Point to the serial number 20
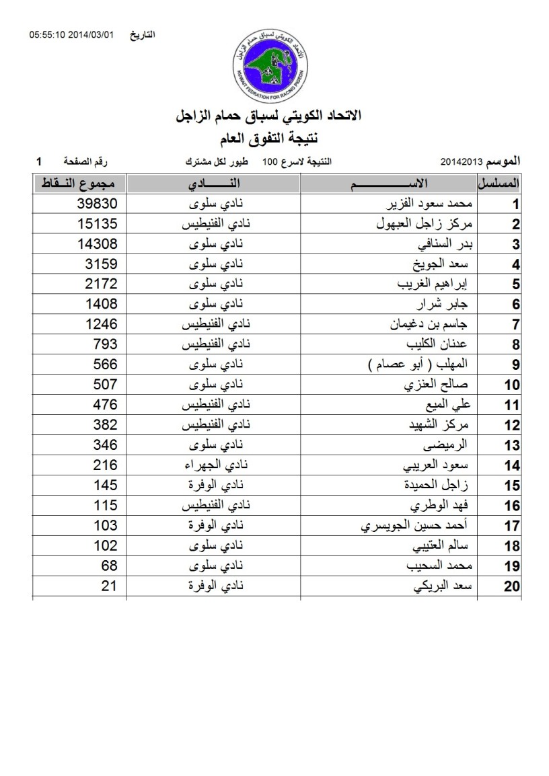point(512,587)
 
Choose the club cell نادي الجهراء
point(214,465)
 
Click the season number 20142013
point(462,162)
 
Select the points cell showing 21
point(109,586)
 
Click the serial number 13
point(512,446)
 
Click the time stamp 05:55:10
point(47,34)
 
